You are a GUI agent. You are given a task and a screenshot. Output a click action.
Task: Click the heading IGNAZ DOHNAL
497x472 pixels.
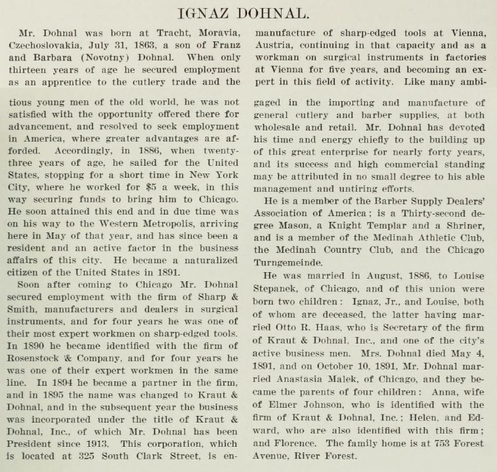point(248,13)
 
